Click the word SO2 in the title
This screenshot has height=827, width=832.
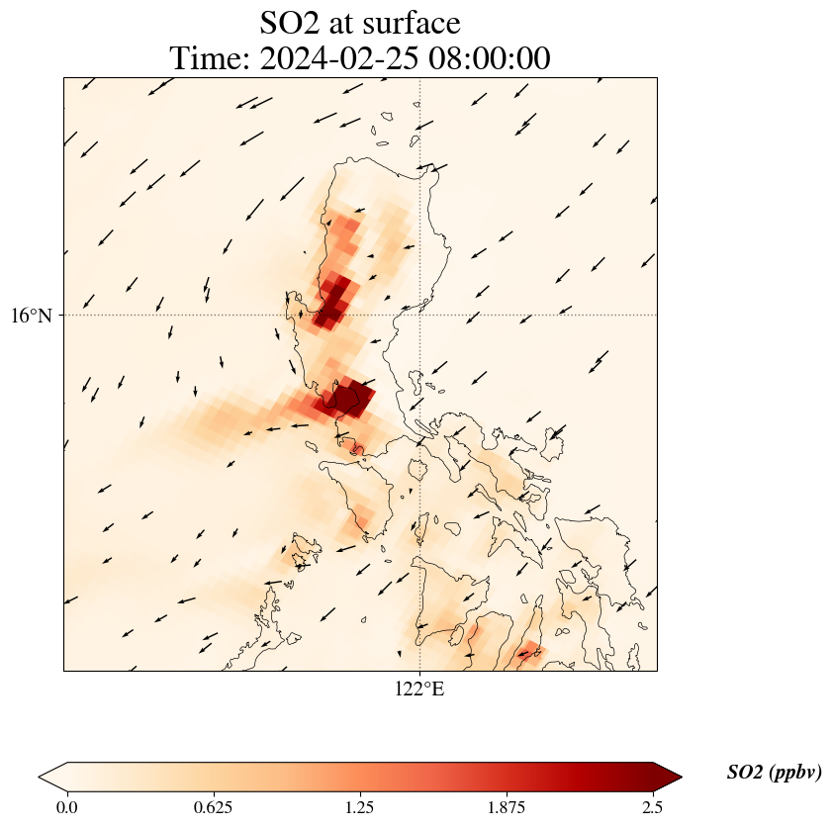click(291, 22)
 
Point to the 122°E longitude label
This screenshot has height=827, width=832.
click(419, 689)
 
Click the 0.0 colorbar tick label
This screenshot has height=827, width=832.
click(67, 806)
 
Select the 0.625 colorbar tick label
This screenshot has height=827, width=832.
click(214, 806)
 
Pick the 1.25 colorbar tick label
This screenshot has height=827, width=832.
click(360, 806)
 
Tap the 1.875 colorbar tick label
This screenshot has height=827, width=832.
click(507, 806)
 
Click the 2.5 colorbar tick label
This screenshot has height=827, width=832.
click(653, 806)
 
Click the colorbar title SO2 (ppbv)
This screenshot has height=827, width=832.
click(774, 773)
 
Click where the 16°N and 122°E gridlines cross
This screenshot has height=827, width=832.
click(420, 316)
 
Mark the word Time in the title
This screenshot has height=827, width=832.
click(209, 58)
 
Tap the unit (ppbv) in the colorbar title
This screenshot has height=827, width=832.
click(798, 773)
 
